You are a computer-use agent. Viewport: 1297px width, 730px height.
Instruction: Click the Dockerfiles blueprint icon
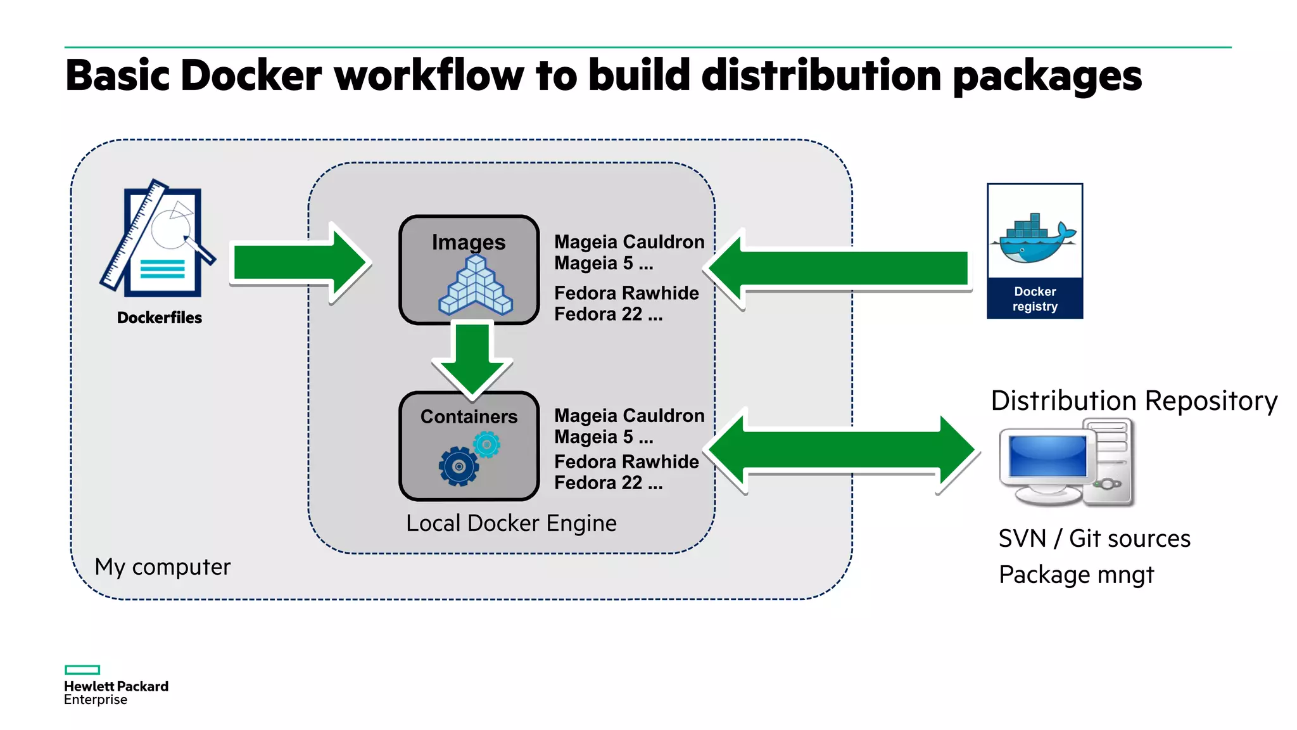click(x=158, y=241)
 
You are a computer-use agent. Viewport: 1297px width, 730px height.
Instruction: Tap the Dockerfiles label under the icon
click(x=160, y=317)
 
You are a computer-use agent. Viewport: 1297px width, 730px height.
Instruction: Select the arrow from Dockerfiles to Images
click(x=298, y=263)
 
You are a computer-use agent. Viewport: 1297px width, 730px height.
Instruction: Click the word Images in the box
click(x=469, y=242)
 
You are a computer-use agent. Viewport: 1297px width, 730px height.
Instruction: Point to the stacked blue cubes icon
click(x=476, y=286)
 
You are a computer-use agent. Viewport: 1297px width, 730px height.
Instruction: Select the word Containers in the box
click(x=469, y=416)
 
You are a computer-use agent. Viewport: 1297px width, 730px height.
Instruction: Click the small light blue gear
click(x=487, y=445)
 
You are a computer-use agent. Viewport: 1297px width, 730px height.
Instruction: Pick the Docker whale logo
click(x=1035, y=240)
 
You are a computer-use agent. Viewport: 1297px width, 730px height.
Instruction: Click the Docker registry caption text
click(x=1035, y=299)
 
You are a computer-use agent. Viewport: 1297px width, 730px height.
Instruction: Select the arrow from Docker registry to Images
click(x=842, y=269)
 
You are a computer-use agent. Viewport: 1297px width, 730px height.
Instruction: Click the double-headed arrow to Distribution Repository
click(x=842, y=451)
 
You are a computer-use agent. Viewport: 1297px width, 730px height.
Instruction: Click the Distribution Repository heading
click(x=1134, y=401)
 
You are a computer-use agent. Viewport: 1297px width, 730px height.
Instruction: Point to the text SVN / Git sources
click(x=1094, y=539)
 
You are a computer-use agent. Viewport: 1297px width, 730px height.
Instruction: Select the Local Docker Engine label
click(x=511, y=523)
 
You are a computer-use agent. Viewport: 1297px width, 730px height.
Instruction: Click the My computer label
click(x=162, y=567)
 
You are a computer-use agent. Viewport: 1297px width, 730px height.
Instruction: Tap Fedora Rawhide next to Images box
click(x=626, y=293)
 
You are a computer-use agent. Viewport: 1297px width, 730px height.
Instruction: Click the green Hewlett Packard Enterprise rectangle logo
click(x=82, y=670)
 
